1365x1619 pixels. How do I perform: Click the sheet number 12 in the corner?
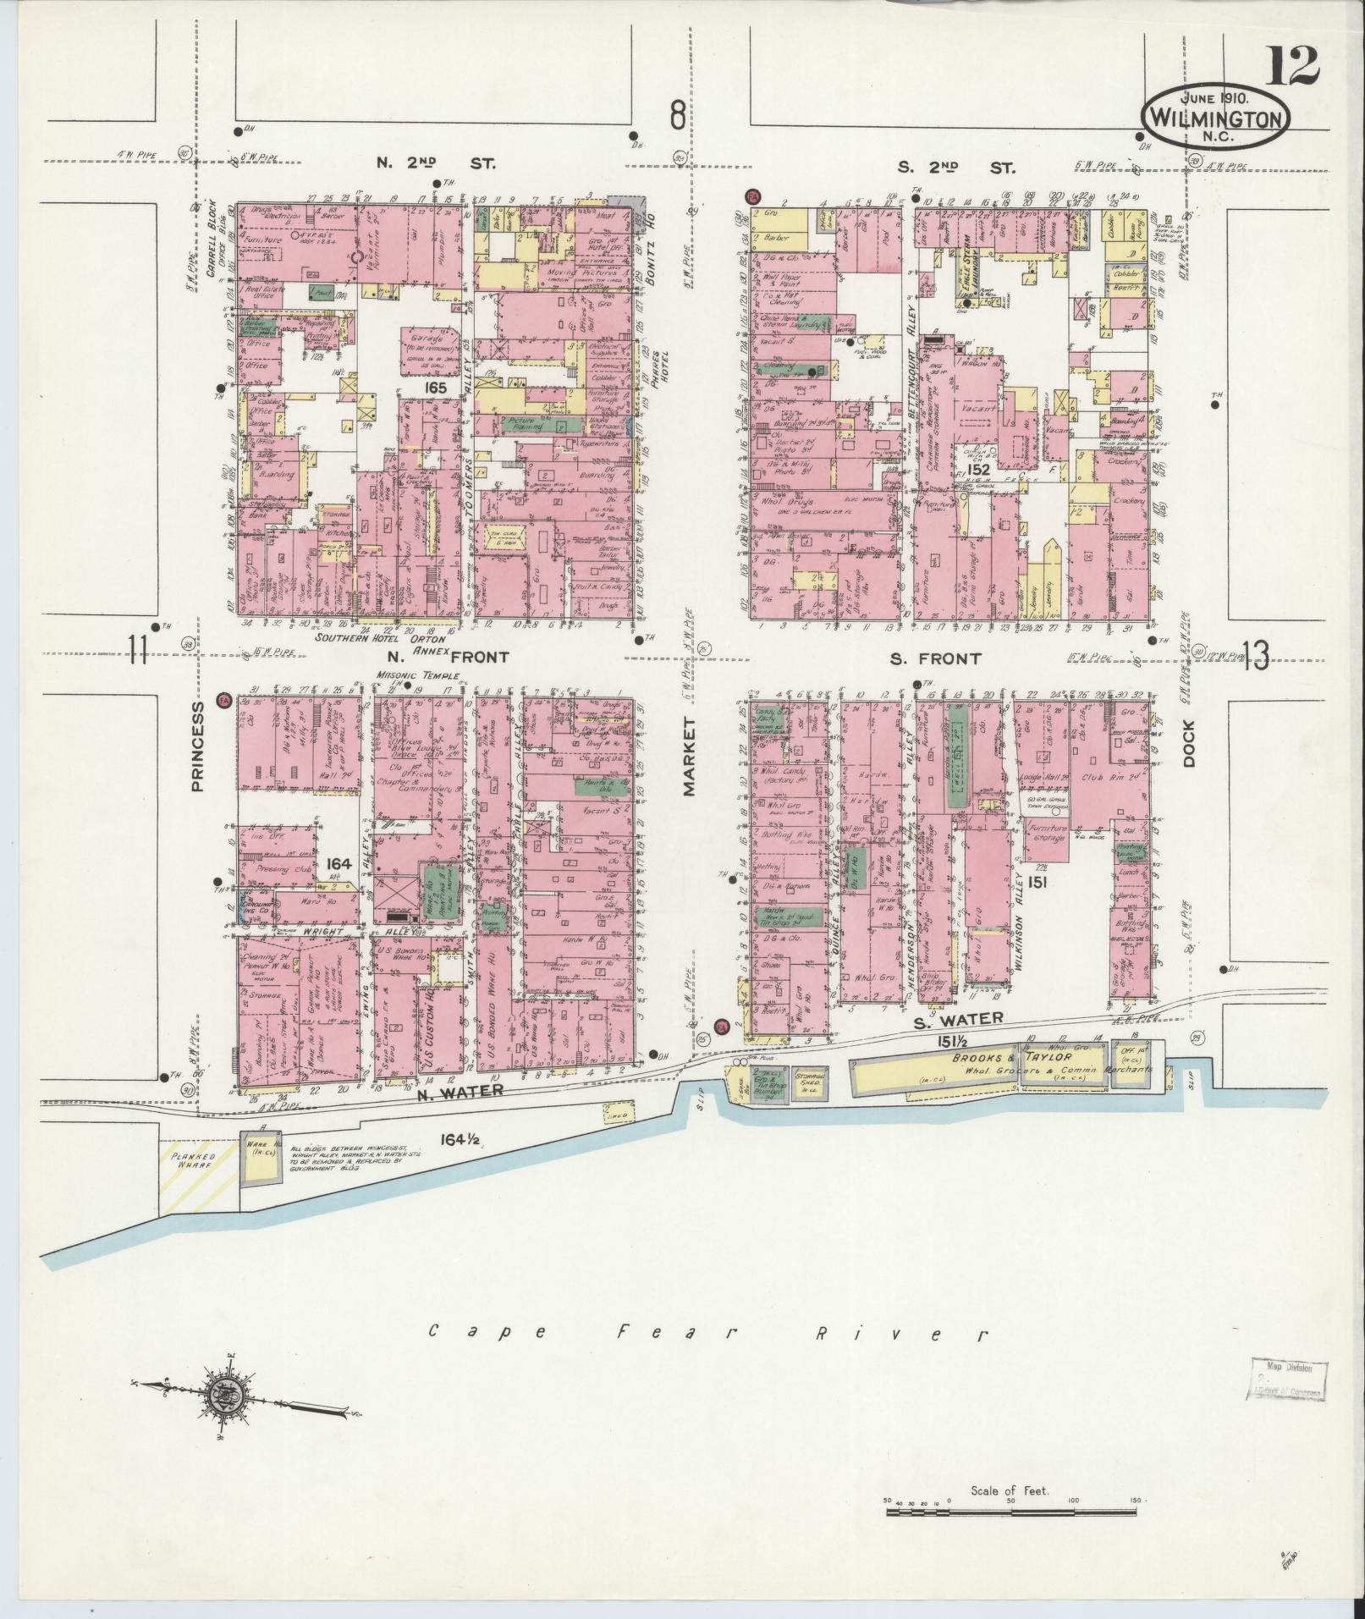click(1291, 66)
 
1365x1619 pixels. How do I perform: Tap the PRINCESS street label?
click(197, 746)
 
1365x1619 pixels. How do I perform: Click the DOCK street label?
click(1188, 742)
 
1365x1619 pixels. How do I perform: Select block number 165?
click(436, 387)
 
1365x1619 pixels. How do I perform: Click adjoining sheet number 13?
click(1256, 656)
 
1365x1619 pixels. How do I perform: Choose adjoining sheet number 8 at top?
click(677, 115)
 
